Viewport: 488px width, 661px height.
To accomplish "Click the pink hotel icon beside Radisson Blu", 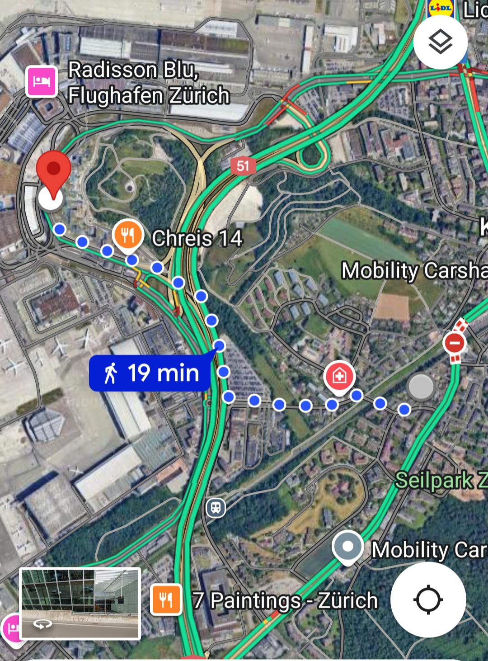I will (x=42, y=82).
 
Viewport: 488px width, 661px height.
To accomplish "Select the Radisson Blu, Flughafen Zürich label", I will (x=149, y=83).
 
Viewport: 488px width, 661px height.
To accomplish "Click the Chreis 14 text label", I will (x=197, y=238).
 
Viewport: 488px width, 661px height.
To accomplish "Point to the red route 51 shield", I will (x=243, y=166).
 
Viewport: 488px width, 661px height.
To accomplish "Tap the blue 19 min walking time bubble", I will (x=150, y=373).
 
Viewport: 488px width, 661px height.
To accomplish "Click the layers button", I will (x=440, y=42).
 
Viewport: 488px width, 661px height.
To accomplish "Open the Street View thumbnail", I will (x=80, y=604).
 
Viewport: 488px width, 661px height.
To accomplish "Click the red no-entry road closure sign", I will (x=455, y=343).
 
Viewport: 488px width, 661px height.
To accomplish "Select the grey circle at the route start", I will (x=421, y=387).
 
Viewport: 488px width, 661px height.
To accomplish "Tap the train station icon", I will (x=216, y=507).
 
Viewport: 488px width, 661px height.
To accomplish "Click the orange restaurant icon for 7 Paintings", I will (x=166, y=600).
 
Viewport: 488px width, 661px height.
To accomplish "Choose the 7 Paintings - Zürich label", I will (x=285, y=600).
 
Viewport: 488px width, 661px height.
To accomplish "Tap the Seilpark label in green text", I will (x=441, y=480).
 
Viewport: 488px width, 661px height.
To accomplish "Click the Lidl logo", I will (x=440, y=8).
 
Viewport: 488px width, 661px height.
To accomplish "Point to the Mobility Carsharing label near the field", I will (x=414, y=270).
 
